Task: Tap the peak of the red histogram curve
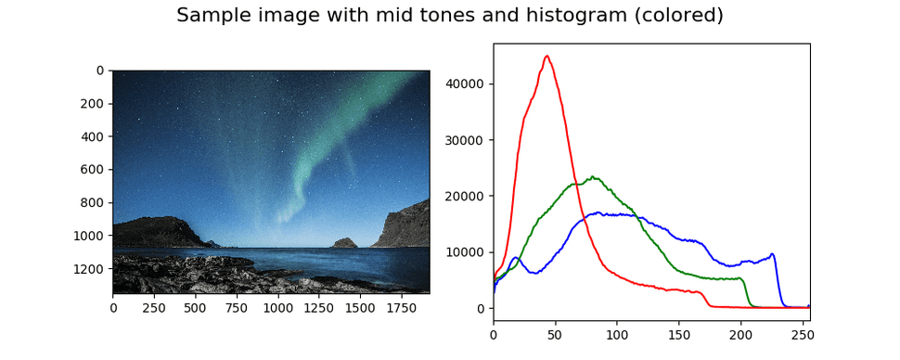coord(546,56)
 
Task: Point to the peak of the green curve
coord(593,176)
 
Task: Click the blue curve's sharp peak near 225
coord(771,253)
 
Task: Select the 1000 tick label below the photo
coord(278,306)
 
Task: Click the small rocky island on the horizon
coord(345,243)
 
